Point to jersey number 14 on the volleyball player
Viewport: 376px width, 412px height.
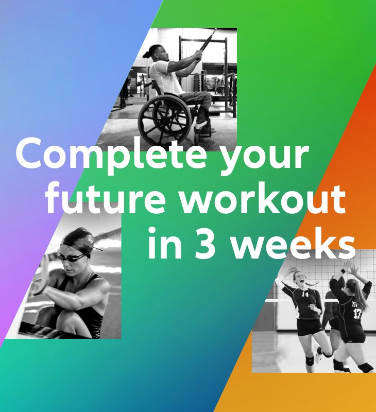click(305, 295)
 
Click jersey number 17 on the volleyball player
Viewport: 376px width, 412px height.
click(357, 312)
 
